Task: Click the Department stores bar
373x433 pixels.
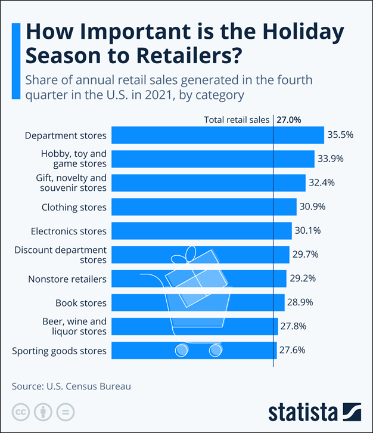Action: coord(217,135)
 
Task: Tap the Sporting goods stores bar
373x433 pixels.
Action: coord(194,350)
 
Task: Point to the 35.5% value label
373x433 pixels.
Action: coord(340,135)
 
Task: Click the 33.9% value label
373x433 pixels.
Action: coord(331,159)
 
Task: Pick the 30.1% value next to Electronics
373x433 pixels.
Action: coord(309,231)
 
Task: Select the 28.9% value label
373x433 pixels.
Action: coord(301,302)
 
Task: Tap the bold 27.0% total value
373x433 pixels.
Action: coord(289,119)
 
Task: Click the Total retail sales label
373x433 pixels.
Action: coord(237,119)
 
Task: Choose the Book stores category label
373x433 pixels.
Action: coord(81,302)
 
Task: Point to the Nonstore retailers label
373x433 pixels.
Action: coord(67,279)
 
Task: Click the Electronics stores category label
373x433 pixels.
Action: coord(69,231)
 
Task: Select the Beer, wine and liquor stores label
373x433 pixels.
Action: coord(74,326)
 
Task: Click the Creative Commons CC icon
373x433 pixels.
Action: coord(21,412)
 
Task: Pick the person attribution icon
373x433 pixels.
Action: coord(43,412)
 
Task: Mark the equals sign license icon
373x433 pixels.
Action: coord(65,412)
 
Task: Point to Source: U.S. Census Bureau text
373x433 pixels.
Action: coord(72,386)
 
